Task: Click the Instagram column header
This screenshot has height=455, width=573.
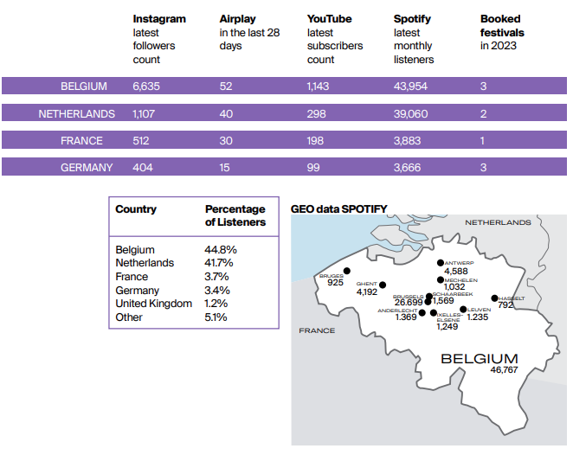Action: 159,19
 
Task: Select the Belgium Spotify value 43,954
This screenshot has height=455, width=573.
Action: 410,87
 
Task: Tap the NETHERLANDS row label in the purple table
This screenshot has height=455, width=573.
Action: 77,114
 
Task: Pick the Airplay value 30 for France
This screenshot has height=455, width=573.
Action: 226,141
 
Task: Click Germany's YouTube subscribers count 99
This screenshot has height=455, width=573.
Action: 313,168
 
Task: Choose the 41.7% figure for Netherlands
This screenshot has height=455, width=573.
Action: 218,263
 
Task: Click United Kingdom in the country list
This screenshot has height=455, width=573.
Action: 153,304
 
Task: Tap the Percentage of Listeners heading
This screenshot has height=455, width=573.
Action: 235,215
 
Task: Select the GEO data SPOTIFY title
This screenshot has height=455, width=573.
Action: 338,208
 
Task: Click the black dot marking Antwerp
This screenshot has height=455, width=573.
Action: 441,263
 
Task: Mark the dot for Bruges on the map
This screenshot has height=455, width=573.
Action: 347,271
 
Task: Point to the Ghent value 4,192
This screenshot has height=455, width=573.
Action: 366,292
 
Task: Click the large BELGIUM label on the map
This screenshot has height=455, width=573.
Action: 480,359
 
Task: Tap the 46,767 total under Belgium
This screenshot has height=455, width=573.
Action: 504,370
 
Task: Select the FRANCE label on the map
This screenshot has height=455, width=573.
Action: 317,330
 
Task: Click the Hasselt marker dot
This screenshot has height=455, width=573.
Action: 494,298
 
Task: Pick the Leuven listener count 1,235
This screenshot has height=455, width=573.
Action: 477,317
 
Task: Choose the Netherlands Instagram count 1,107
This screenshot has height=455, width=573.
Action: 144,114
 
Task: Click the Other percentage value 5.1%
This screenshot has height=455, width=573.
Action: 216,317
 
